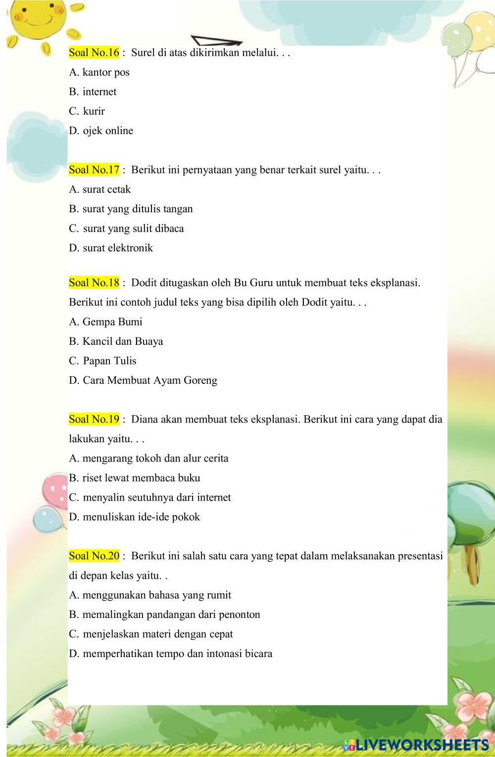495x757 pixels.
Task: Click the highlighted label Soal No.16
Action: (x=94, y=52)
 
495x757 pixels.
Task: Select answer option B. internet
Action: (x=93, y=92)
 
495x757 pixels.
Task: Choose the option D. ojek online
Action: (x=101, y=131)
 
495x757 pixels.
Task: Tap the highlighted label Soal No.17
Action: (x=94, y=170)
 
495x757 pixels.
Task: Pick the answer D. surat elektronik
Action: (x=111, y=248)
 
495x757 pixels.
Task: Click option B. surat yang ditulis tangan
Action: (x=131, y=209)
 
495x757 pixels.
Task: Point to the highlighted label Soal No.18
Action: (x=94, y=283)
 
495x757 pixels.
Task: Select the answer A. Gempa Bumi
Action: (x=105, y=322)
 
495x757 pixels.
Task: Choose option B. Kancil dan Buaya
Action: (x=116, y=341)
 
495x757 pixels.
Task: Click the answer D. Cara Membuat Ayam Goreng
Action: (x=143, y=380)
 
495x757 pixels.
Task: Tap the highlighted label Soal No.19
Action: (x=94, y=420)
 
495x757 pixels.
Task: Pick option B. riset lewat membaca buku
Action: (x=135, y=478)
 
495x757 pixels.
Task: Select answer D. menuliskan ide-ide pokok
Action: (x=135, y=517)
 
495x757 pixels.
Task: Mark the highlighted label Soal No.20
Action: (x=94, y=556)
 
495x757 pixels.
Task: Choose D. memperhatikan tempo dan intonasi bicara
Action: (x=171, y=654)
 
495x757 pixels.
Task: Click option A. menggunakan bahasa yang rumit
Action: (x=150, y=595)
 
